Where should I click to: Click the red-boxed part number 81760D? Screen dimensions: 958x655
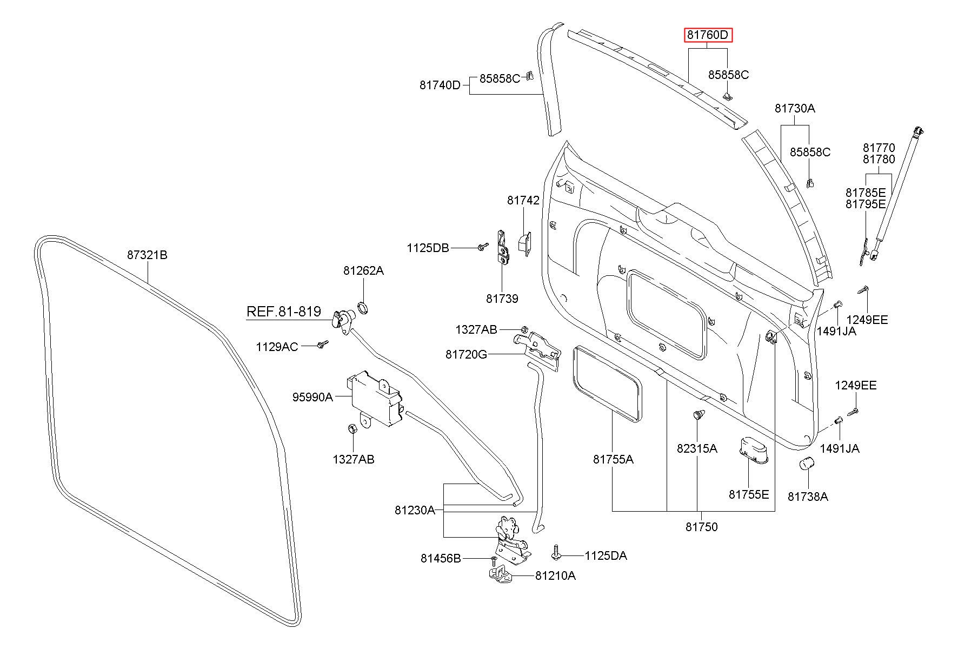point(708,36)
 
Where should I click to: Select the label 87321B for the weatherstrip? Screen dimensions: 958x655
point(148,255)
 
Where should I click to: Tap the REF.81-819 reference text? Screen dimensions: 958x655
point(284,312)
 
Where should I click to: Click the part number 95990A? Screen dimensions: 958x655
point(312,397)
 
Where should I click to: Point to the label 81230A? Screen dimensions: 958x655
point(415,510)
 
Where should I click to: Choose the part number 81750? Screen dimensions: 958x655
point(702,527)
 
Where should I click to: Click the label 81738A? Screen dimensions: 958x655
point(808,497)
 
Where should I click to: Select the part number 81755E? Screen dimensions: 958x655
point(749,494)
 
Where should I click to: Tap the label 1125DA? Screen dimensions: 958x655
point(606,555)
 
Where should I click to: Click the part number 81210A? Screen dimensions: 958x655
point(556,576)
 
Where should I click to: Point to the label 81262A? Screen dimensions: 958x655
point(363,270)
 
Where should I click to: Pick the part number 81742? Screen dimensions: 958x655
point(523,201)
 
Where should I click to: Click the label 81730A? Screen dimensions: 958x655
point(795,108)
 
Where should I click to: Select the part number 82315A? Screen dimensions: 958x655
point(697,448)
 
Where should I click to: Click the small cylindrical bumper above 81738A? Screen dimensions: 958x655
point(807,464)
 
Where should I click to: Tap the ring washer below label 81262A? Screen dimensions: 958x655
point(363,309)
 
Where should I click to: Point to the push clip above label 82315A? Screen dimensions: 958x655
point(698,416)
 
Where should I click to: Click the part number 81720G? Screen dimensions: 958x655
point(466,354)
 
